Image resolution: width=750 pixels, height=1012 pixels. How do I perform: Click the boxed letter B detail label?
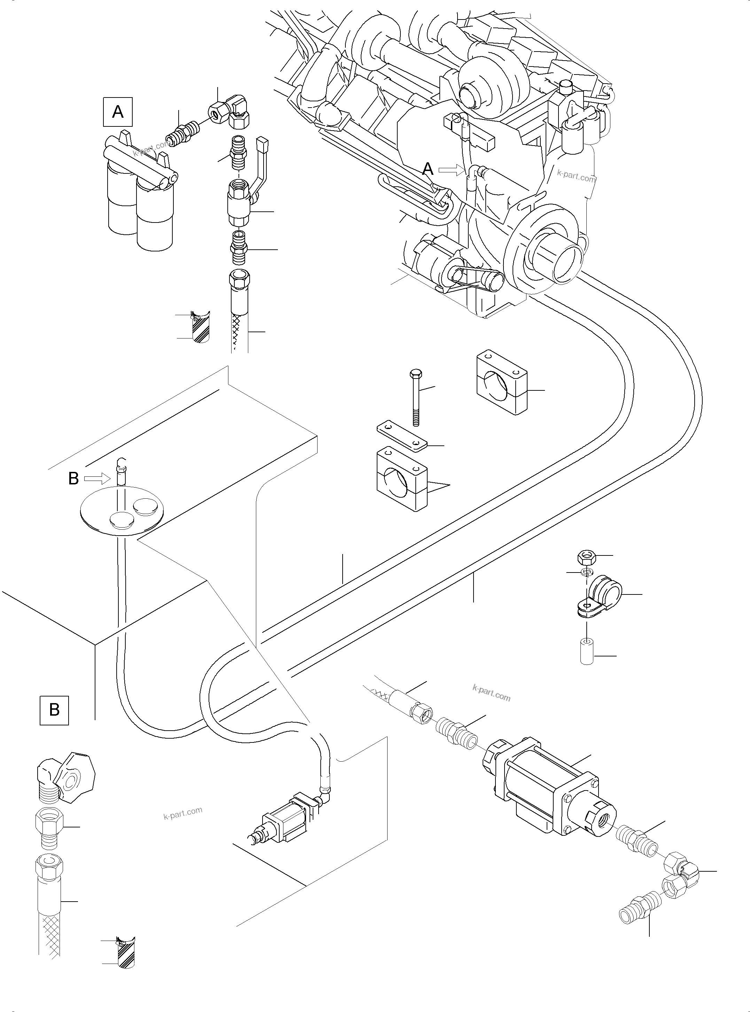point(54,710)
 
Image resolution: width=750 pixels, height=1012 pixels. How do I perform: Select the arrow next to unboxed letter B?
point(97,478)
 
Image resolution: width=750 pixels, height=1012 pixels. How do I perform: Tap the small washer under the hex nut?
point(587,571)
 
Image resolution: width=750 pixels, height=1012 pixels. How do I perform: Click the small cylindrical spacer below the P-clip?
point(587,652)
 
